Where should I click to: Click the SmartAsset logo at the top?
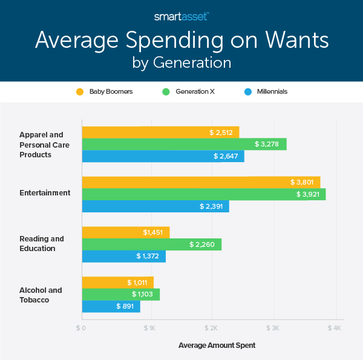click(181, 17)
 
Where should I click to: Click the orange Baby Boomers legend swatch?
click(79, 92)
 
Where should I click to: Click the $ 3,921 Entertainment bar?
click(203, 194)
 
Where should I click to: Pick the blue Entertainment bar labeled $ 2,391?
click(155, 207)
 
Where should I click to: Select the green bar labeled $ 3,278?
click(184, 144)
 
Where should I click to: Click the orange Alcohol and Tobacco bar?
click(117, 283)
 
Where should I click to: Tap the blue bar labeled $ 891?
click(111, 307)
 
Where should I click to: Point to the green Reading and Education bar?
click(151, 244)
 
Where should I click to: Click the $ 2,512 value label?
click(221, 132)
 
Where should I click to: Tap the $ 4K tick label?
click(335, 328)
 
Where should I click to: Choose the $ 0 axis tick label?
click(81, 328)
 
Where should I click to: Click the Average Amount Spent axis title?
click(217, 345)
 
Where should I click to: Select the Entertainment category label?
click(45, 193)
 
